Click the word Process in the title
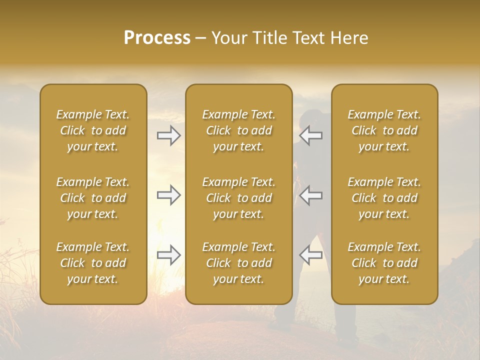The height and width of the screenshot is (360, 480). tap(157, 38)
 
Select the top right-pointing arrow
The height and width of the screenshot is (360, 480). tap(168, 135)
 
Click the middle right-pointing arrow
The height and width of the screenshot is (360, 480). tap(168, 195)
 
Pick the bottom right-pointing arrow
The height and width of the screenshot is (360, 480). tap(168, 255)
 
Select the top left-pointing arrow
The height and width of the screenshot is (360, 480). tap(311, 135)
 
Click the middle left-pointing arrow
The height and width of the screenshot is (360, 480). tap(311, 195)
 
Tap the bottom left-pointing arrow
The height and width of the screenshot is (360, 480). tap(311, 255)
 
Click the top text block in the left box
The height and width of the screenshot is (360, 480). tap(93, 130)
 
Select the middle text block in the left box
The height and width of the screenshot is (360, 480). tap(93, 198)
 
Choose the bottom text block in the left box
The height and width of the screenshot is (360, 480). tap(93, 263)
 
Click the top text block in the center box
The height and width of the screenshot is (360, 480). tap(238, 130)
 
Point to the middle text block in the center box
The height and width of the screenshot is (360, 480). tap(238, 198)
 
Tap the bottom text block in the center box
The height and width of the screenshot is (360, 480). tap(238, 263)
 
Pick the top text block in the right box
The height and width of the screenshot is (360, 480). tap(384, 130)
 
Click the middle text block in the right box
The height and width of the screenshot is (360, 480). tap(384, 198)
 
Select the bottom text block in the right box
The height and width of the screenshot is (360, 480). tap(384, 263)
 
